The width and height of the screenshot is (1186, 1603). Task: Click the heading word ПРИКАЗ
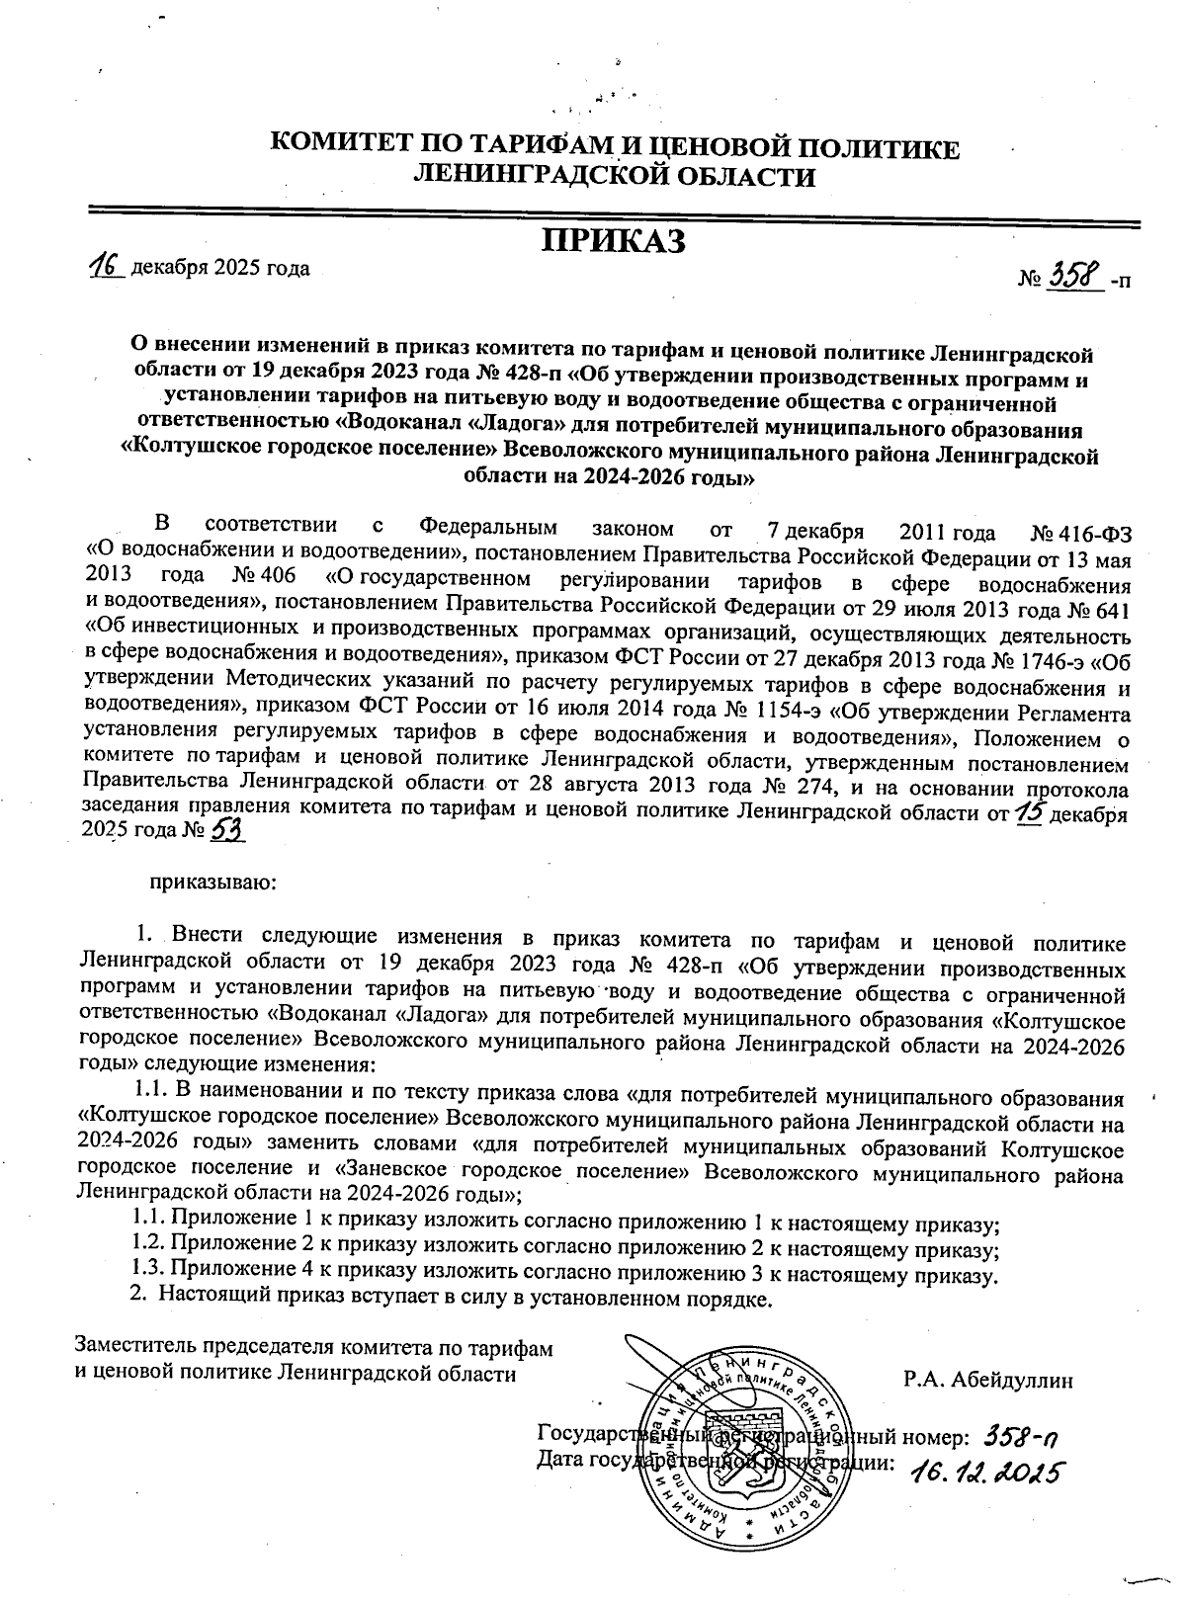(x=613, y=241)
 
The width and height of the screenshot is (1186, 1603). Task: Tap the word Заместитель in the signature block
(x=135, y=1347)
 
